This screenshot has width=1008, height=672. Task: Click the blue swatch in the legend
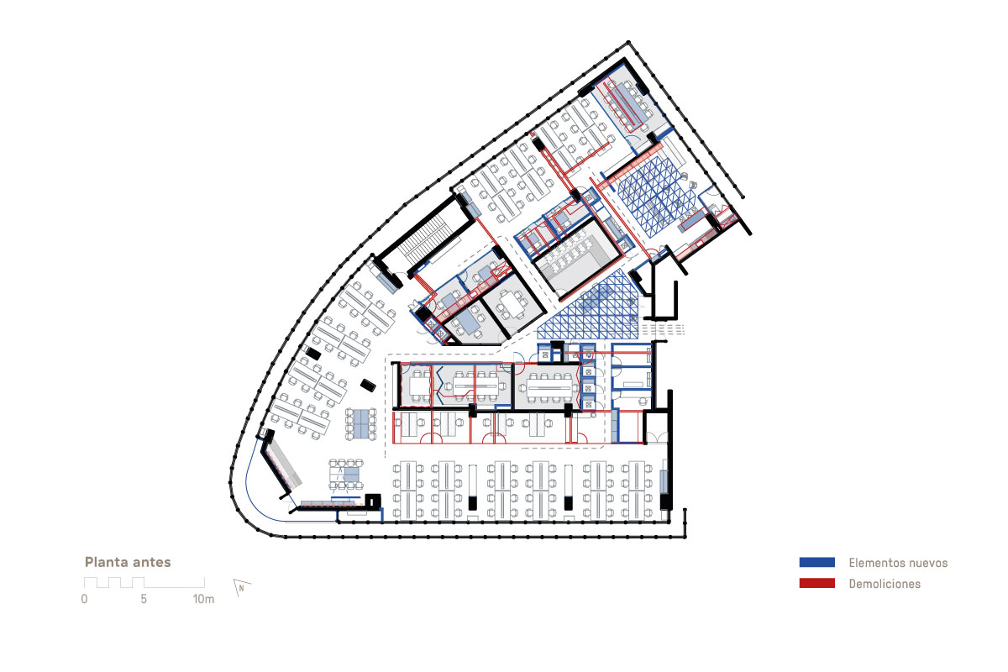(816, 562)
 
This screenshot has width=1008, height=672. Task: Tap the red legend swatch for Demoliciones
(816, 583)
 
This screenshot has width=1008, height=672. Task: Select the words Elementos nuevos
(898, 563)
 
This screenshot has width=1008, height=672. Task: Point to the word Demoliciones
(885, 584)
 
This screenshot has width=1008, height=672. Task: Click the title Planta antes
(128, 562)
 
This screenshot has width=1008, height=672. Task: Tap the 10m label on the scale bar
(203, 599)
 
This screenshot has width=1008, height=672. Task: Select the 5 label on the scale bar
(144, 599)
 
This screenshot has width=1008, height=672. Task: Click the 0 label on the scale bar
(84, 599)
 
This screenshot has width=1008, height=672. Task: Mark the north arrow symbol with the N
(242, 587)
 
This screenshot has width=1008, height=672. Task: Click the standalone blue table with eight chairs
(361, 424)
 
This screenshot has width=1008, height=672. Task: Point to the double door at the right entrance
(657, 437)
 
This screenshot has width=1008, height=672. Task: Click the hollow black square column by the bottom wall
(373, 501)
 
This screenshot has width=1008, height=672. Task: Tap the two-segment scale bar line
(144, 583)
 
